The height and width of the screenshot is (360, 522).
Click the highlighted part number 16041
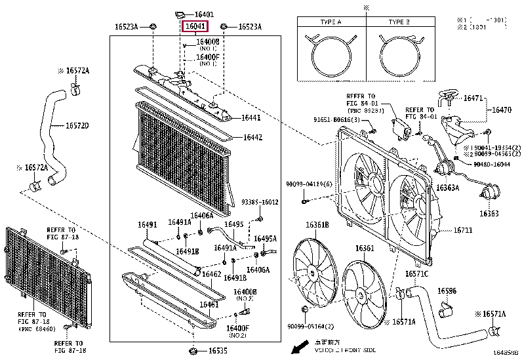[x=195, y=27]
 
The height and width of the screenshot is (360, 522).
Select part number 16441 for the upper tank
[x=252, y=118]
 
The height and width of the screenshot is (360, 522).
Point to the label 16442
[x=252, y=137]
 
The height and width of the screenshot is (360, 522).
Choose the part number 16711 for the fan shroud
[x=464, y=231]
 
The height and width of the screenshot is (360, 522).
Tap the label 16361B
[x=317, y=225]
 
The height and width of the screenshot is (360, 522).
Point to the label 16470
[x=502, y=110]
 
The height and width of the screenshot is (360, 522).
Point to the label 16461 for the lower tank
[x=209, y=305]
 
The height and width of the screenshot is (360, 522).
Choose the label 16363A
[x=449, y=188]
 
